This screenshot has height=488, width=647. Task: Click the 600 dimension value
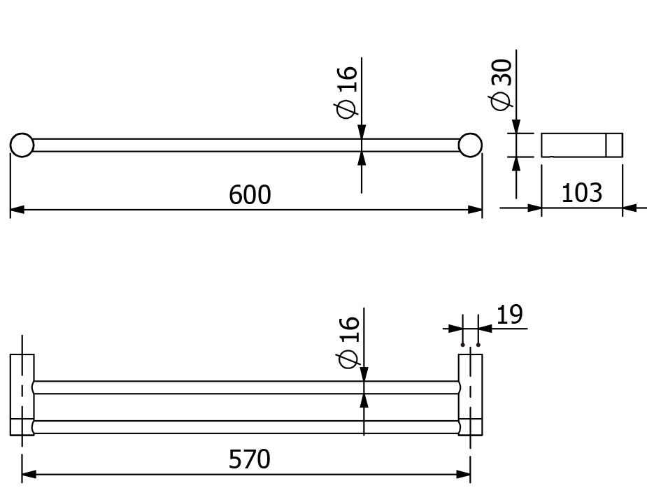(x=250, y=194)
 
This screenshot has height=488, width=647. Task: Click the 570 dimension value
(x=250, y=459)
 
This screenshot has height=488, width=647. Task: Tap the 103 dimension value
(x=582, y=193)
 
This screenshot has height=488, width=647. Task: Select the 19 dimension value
(x=509, y=315)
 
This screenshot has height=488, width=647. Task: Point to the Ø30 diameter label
(x=501, y=85)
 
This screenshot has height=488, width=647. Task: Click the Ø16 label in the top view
(x=347, y=92)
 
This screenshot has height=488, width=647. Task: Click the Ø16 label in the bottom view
(x=348, y=343)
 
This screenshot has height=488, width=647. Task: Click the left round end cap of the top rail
(x=22, y=145)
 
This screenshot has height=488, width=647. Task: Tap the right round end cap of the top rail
(x=470, y=145)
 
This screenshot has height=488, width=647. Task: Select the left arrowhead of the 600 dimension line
(x=17, y=210)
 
